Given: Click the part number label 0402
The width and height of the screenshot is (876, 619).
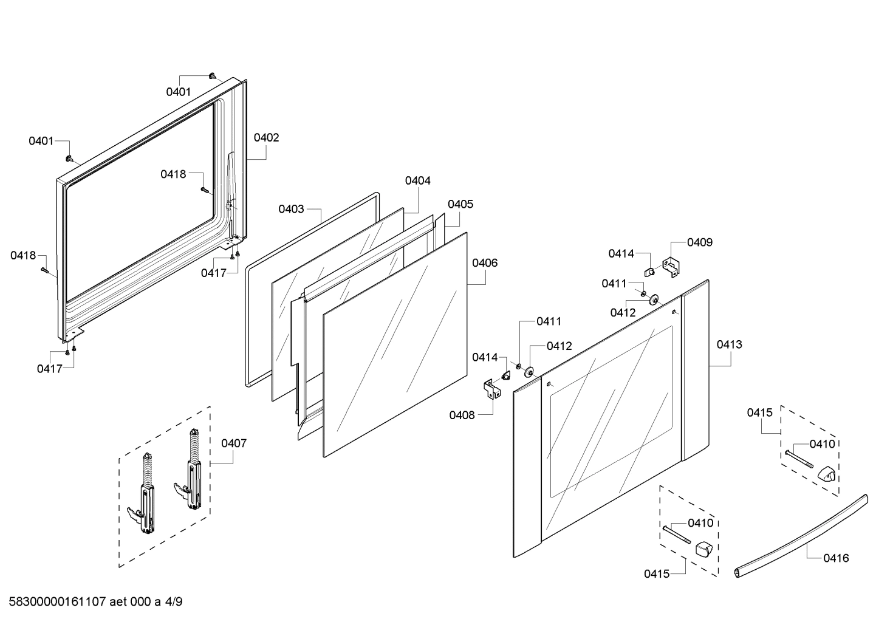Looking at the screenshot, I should click(266, 138).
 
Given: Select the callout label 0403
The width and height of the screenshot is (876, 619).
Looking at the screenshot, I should click(291, 209).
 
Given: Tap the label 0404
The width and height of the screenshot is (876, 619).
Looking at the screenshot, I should click(418, 180).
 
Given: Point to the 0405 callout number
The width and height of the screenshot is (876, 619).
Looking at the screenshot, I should click(460, 204).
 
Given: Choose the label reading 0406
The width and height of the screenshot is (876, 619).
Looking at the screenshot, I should click(485, 263).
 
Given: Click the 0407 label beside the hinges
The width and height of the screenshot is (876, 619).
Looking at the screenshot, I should click(234, 443).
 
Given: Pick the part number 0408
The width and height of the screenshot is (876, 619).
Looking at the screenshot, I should click(462, 415).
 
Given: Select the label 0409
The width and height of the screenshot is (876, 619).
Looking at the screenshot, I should click(700, 242).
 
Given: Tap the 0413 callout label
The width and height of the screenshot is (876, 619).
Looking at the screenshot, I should click(729, 344).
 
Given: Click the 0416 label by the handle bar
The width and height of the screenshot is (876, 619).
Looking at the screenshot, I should click(836, 558).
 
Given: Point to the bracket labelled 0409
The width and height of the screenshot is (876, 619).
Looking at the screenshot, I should click(671, 267).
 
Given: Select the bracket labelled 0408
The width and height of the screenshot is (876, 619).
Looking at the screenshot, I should click(491, 389).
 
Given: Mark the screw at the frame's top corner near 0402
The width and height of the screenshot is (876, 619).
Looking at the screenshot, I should click(212, 76).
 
